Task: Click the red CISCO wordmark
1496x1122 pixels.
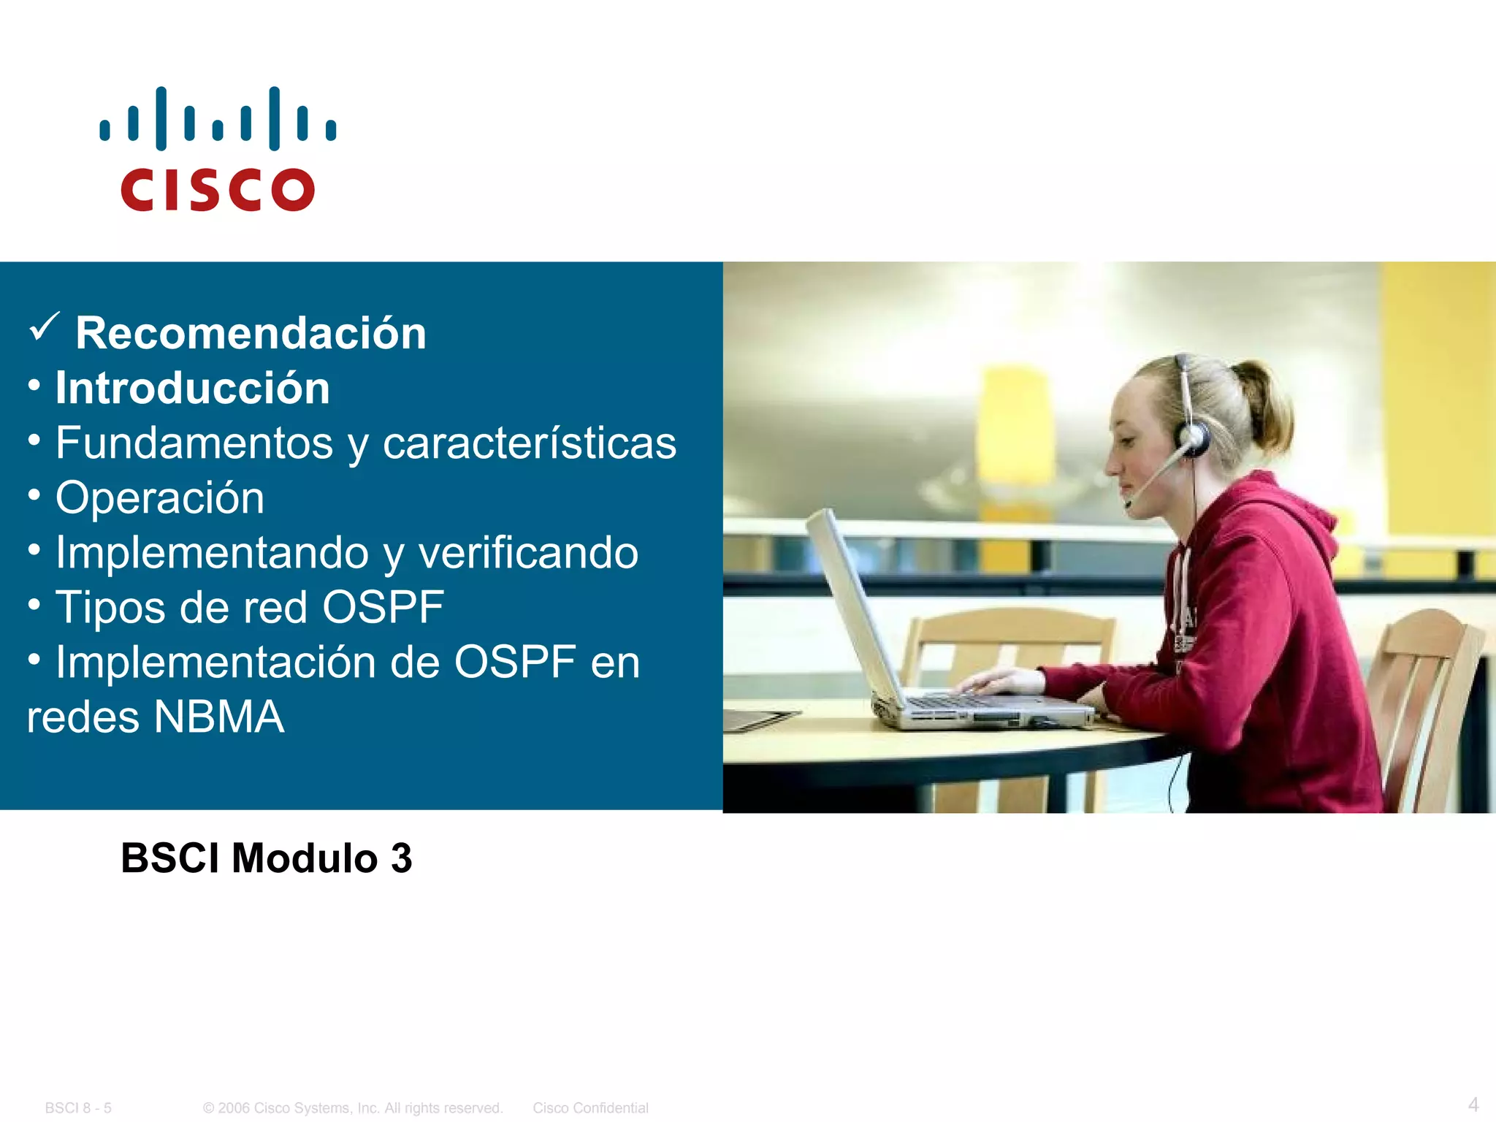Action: click(x=218, y=190)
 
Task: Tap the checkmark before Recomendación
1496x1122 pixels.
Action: click(x=44, y=327)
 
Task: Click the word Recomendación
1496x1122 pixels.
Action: click(x=251, y=333)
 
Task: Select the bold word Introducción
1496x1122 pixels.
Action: click(x=193, y=388)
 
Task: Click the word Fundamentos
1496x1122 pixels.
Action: click(x=194, y=443)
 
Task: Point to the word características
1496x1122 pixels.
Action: click(x=530, y=443)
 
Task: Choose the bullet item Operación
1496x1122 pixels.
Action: click(x=160, y=497)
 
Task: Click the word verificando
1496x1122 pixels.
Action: click(x=528, y=552)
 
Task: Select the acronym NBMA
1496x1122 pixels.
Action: click(x=218, y=717)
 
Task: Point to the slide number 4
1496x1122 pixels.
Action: click(x=1473, y=1104)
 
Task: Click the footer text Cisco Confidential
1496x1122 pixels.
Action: click(x=590, y=1108)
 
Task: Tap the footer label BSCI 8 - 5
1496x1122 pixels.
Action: click(x=78, y=1108)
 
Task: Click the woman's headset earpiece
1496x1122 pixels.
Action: click(x=1193, y=438)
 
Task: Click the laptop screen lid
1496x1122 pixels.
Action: click(x=851, y=606)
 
